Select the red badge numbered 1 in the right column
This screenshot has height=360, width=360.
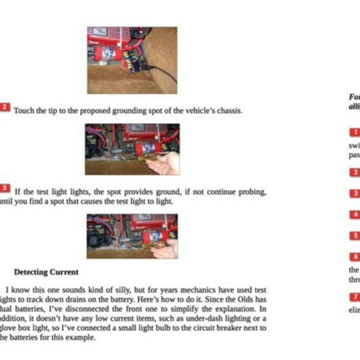coord(355,133)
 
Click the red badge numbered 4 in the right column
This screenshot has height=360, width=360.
coord(355,213)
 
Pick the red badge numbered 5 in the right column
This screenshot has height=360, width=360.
coord(355,235)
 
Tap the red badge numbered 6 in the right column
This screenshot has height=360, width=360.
coord(355,256)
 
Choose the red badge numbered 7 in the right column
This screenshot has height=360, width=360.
coord(355,297)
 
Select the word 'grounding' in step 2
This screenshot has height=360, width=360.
coord(117,111)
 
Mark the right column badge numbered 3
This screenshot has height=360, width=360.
coord(355,192)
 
